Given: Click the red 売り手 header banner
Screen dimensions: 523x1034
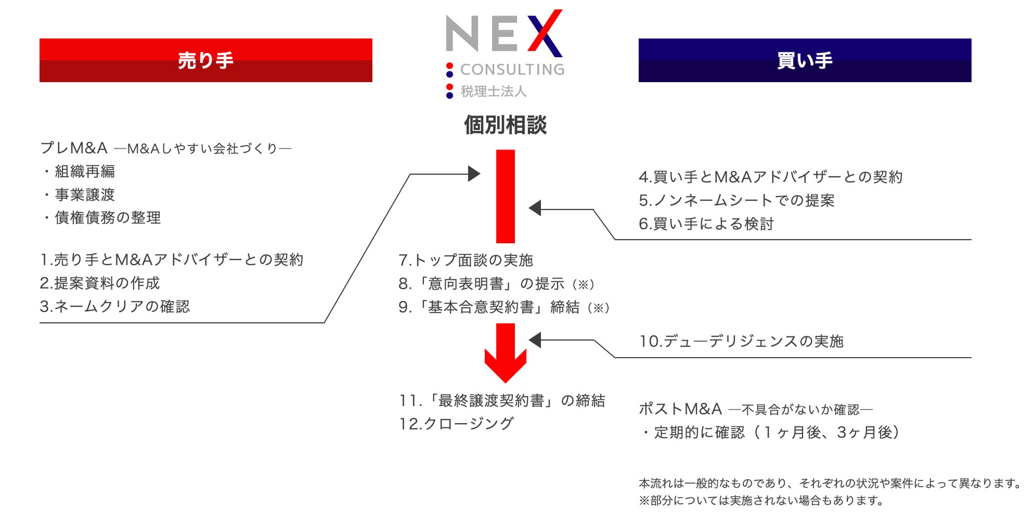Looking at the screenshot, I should click(x=206, y=60).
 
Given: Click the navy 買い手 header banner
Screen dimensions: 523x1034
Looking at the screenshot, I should click(x=804, y=60).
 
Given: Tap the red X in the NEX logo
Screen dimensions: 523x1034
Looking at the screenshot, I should click(x=545, y=33).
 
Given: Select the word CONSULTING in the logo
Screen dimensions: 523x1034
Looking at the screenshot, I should click(x=512, y=69).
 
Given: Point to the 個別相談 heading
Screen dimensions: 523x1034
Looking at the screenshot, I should click(x=505, y=125).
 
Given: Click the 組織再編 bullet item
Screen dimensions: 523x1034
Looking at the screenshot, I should click(x=85, y=171).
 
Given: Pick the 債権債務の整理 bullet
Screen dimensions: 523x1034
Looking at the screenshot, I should click(x=108, y=218).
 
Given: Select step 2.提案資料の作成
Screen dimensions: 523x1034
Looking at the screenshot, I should click(x=100, y=283).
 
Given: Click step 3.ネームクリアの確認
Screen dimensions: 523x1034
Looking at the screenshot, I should click(x=115, y=306).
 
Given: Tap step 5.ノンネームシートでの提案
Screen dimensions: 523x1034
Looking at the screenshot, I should click(x=737, y=200).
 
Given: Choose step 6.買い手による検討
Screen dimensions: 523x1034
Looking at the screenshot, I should click(x=706, y=224).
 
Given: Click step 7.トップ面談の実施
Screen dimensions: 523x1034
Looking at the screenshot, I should click(x=466, y=260).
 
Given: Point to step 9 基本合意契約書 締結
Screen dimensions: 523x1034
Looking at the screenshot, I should click(x=504, y=307).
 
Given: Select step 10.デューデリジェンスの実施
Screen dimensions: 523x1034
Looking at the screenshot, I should click(x=741, y=341).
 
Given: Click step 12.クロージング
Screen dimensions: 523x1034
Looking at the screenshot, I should click(x=456, y=423).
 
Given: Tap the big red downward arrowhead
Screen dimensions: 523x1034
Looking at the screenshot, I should click(x=505, y=366).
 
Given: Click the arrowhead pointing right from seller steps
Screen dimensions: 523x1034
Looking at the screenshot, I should click(x=474, y=174).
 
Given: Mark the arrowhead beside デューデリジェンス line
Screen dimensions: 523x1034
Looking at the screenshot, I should click(x=535, y=340).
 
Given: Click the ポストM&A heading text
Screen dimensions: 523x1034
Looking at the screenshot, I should click(x=680, y=409).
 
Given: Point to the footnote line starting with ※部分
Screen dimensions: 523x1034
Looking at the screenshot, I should click(x=761, y=501).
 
